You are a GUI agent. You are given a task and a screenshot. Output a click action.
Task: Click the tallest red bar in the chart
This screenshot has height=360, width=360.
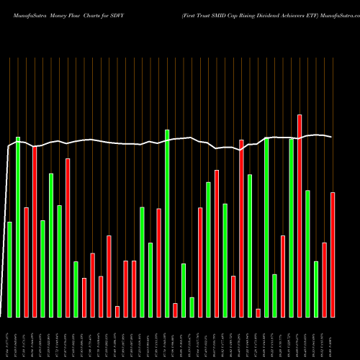pos(300,215)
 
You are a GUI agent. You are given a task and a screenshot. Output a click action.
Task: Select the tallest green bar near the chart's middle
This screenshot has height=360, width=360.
pos(167,223)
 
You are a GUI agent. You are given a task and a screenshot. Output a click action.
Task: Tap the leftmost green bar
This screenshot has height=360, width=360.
pos(9,269)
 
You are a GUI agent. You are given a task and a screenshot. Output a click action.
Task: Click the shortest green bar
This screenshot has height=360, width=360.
pos(192,307)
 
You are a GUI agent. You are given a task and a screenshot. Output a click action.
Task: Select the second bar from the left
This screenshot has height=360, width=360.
pos(18,227)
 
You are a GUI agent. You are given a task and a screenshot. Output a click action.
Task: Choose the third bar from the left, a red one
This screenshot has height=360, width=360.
pos(26,262)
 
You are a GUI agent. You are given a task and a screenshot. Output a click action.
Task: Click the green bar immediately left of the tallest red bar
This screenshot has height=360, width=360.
pos(292,228)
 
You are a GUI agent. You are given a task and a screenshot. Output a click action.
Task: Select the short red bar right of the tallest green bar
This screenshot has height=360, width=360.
pos(175,310)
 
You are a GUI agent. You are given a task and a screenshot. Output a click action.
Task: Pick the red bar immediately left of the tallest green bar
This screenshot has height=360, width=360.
pos(158,263)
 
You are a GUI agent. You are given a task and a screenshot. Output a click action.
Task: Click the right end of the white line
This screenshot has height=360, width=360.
pos(331,137)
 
